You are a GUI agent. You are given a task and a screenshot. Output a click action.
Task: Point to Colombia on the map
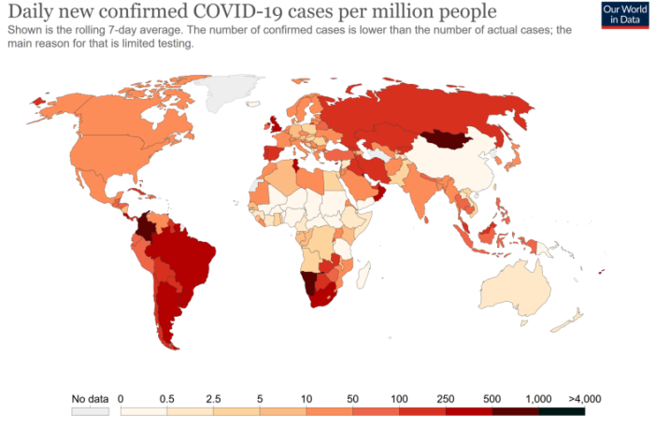tap(146, 228)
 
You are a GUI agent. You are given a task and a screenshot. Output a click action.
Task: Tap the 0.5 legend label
tap(167, 398)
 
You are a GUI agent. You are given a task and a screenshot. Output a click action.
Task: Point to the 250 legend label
tap(446, 398)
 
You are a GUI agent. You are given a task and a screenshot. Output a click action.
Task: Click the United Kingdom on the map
tap(274, 125)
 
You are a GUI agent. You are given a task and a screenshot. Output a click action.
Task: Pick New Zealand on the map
tap(567, 322)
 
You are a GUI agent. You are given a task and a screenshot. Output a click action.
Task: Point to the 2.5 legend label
tap(213, 398)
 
